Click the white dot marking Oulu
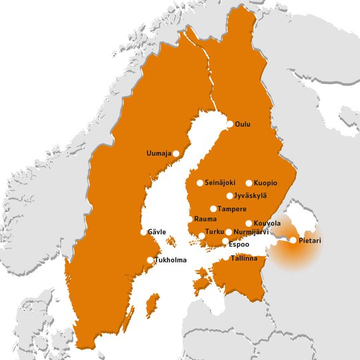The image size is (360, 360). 230,124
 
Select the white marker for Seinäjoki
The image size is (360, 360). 200,183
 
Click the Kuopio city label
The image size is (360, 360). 265,183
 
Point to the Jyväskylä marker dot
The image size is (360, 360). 229,196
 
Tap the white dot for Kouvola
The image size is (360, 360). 249,223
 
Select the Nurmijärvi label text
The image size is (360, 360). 251,232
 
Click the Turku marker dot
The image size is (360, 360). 202,235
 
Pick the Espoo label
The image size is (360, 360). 239,244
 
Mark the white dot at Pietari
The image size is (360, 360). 293,240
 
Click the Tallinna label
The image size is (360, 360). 243,258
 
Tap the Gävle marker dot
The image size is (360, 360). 143,232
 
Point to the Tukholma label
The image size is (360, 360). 171,260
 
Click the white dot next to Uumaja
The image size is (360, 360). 177,153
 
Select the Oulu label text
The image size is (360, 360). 244,124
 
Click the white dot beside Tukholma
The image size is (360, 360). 150,260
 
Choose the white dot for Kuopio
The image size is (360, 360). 249,183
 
